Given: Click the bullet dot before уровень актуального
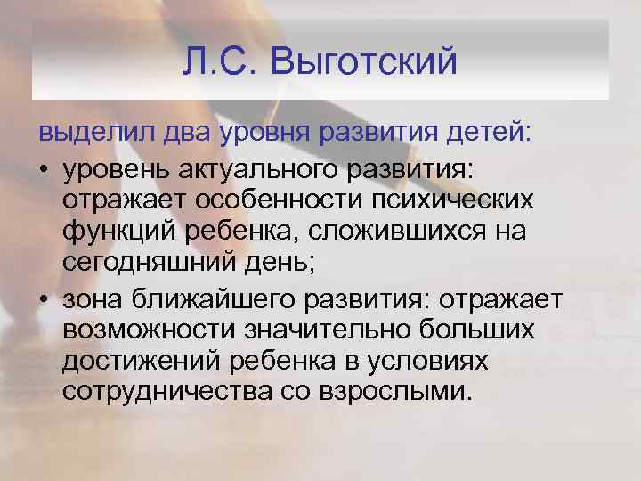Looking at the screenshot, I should (x=44, y=170).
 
